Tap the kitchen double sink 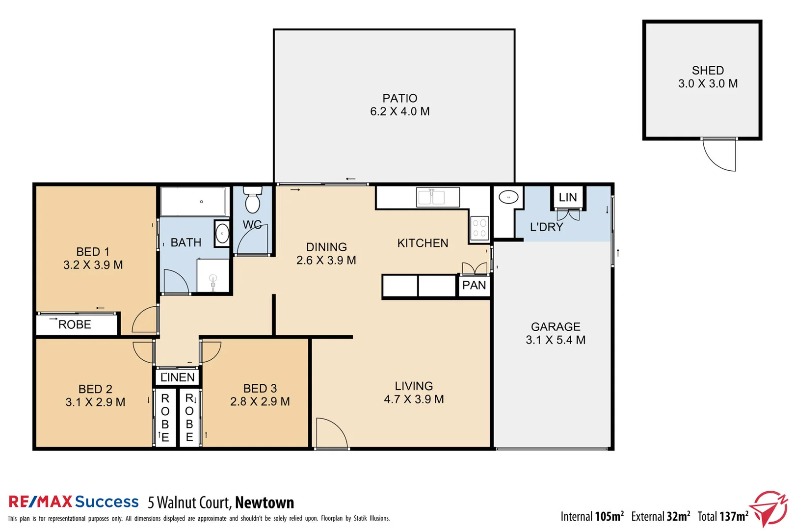tap(437, 197)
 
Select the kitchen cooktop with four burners tap(479, 228)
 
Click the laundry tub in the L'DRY tap(508, 197)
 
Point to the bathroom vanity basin tap(222, 234)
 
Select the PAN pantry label tap(474, 286)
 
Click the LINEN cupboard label tap(178, 377)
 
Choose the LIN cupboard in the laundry tap(568, 197)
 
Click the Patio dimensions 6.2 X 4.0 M tap(399, 112)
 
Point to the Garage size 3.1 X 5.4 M tap(556, 340)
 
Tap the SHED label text tap(708, 71)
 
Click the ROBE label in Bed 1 tap(75, 325)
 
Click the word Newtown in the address tap(265, 503)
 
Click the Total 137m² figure tap(723, 516)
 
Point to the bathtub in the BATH tap(193, 201)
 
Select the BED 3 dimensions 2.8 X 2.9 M tap(260, 402)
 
